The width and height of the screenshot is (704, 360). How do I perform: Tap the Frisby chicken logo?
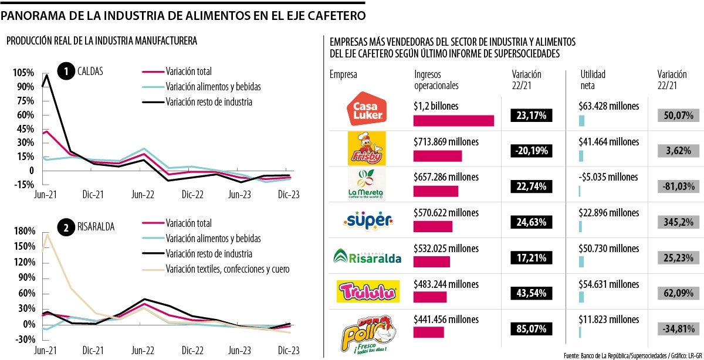click(367, 148)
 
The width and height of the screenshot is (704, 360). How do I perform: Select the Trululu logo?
click(367, 290)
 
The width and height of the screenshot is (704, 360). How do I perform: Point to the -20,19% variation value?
click(532, 151)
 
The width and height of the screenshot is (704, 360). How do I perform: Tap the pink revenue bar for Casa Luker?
click(453, 121)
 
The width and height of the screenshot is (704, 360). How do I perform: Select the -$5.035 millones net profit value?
click(608, 176)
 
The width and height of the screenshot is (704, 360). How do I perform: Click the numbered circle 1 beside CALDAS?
click(66, 72)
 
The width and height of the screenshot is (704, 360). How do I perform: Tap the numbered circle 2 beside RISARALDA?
click(66, 226)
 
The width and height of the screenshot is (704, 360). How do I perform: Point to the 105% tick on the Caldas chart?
click(23, 72)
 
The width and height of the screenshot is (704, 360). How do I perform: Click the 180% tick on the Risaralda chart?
click(23, 230)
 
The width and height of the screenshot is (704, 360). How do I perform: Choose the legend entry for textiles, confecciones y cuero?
click(227, 269)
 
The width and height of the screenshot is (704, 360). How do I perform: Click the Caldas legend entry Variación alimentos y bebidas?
click(213, 87)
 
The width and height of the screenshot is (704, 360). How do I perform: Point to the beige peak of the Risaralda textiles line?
click(48, 235)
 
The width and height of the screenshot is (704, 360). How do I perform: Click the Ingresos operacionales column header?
click(436, 80)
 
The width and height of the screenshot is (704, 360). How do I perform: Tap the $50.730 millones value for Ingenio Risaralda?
click(610, 249)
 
